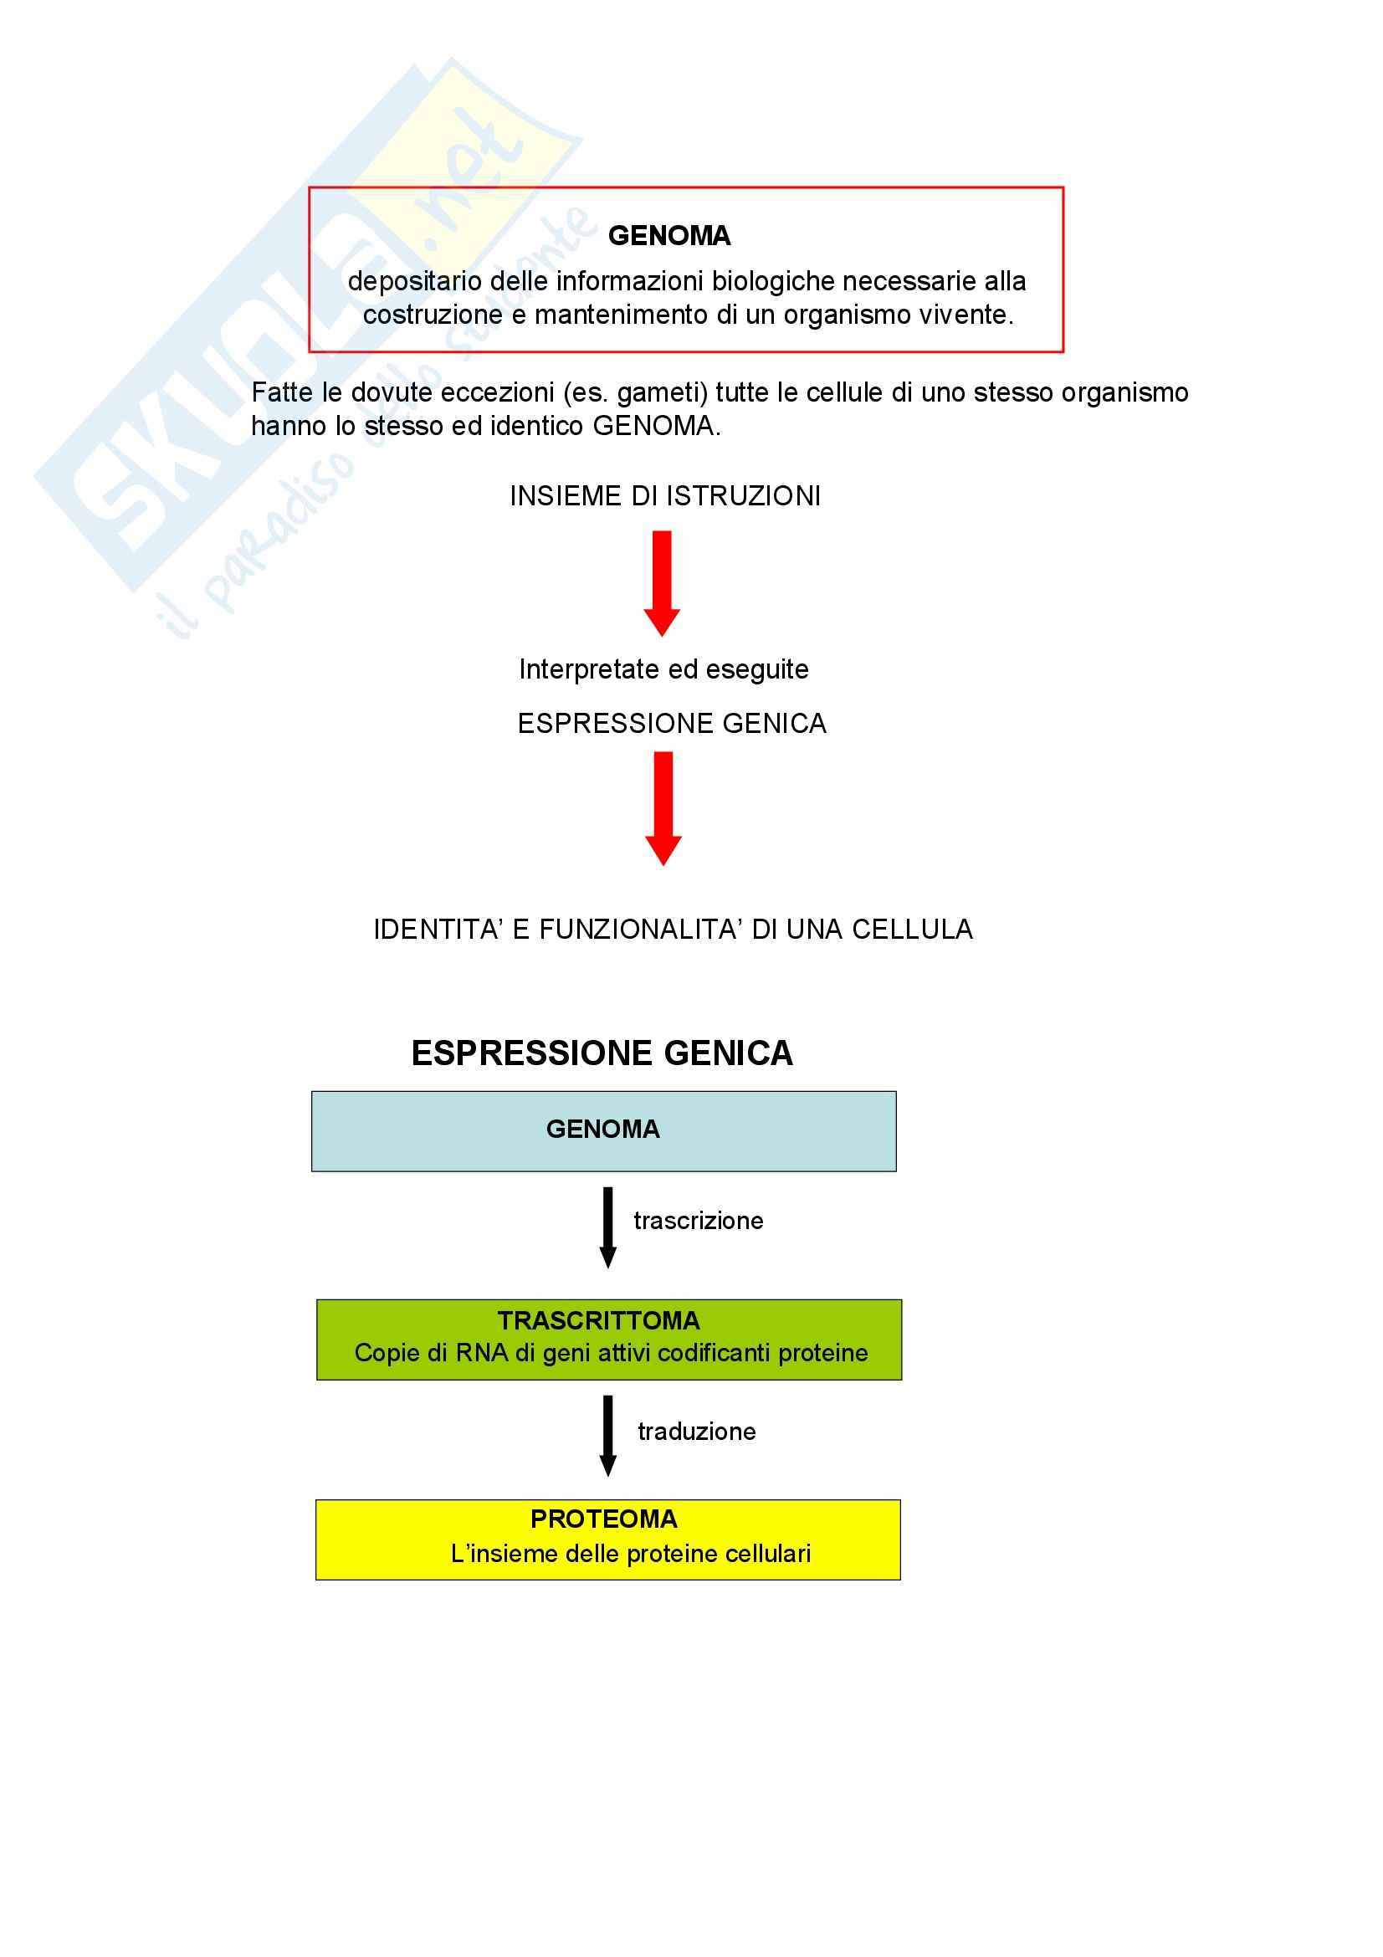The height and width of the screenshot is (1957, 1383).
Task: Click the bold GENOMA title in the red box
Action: click(669, 236)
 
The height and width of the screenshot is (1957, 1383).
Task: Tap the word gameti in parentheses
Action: click(660, 393)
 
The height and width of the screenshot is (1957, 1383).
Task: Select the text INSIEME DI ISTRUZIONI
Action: click(664, 496)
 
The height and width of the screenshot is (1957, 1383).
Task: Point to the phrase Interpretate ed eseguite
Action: click(663, 670)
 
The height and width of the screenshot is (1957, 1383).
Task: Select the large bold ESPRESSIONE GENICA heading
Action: click(602, 1053)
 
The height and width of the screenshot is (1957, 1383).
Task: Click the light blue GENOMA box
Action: click(603, 1131)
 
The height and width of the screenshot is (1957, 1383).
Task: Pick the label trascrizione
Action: click(698, 1222)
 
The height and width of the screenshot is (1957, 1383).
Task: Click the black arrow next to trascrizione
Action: click(607, 1227)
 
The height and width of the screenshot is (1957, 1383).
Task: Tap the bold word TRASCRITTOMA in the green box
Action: click(598, 1321)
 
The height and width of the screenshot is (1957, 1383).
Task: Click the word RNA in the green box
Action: click(481, 1354)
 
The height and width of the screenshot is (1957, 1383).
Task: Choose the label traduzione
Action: click(696, 1432)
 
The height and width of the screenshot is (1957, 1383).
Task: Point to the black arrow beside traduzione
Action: click(607, 1437)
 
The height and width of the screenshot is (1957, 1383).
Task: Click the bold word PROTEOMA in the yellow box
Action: click(603, 1519)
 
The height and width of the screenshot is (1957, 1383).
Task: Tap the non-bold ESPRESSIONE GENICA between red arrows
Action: click(672, 724)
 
